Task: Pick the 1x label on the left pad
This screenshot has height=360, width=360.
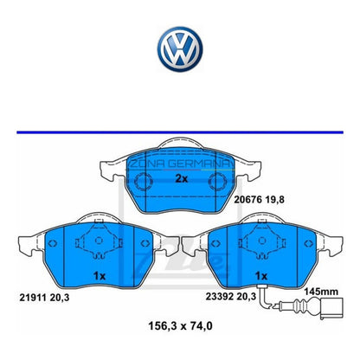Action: point(99,275)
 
